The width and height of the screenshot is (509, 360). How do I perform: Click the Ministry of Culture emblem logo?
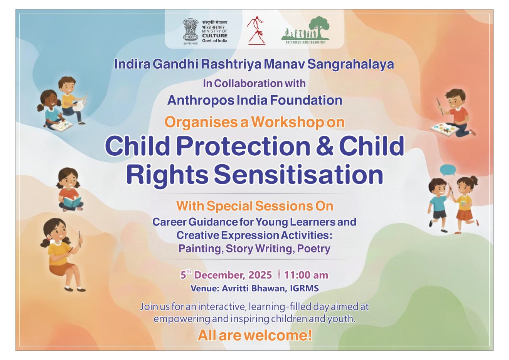[190, 30]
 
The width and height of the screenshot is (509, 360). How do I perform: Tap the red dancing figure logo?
[256, 30]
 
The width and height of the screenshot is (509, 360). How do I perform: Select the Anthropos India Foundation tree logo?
[305, 30]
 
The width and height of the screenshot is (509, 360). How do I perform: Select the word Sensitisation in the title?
[298, 174]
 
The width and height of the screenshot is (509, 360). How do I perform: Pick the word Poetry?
[313, 249]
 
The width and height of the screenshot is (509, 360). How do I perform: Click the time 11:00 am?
[306, 275]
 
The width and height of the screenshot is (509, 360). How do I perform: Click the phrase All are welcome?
[254, 335]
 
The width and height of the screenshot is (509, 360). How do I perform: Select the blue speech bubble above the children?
[448, 169]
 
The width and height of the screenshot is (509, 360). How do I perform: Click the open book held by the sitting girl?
[72, 202]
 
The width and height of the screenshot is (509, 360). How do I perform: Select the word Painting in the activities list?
[200, 249]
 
